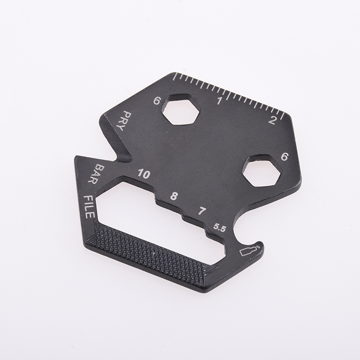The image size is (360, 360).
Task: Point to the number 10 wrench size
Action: point(143,173)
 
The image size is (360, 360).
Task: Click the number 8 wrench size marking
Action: point(174,195)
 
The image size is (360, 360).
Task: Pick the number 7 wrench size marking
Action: point(202,210)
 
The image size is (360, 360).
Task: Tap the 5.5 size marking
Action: point(220,227)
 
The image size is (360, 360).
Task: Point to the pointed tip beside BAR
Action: point(77,158)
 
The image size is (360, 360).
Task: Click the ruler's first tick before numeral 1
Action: point(173,76)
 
